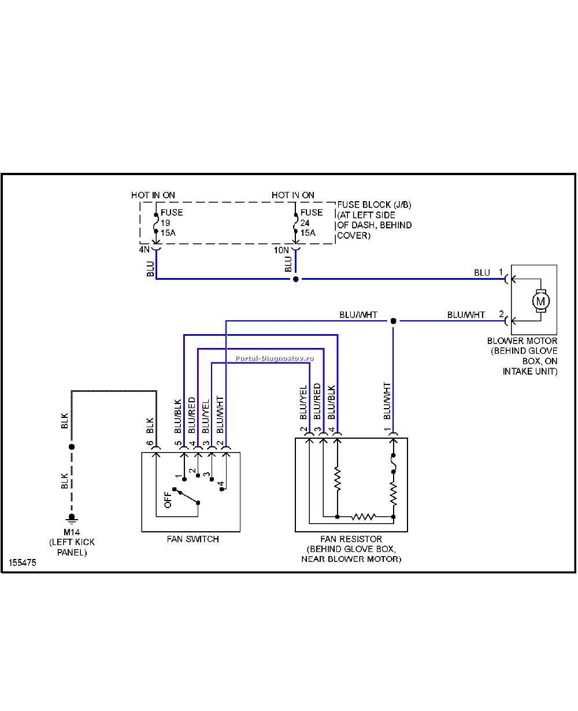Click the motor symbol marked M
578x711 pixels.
540,301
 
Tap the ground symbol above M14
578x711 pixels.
72,519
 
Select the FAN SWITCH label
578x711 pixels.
193,539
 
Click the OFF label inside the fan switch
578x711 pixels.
168,499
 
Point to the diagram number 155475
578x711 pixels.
23,562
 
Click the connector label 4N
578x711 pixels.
144,249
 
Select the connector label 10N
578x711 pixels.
281,250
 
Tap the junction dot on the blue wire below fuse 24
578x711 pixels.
296,279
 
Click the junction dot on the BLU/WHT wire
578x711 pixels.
394,321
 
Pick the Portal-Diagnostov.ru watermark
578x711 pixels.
275,358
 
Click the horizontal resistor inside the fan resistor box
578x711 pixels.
363,517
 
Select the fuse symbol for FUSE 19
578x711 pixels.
156,223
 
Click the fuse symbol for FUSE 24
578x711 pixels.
295,223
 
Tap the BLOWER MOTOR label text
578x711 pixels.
523,341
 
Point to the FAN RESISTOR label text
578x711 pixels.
351,539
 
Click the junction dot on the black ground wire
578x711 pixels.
72,447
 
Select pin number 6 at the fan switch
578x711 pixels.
150,443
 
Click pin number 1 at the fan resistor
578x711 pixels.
387,429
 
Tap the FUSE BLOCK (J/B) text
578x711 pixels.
374,205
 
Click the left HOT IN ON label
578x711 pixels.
153,195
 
